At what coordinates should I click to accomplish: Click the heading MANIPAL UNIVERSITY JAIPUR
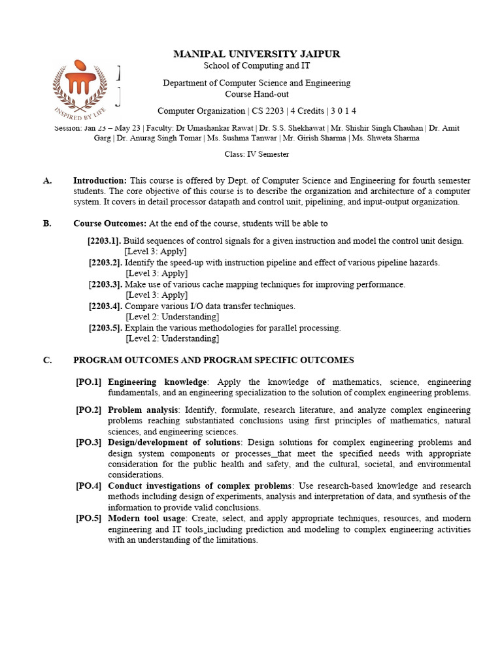tap(256, 54)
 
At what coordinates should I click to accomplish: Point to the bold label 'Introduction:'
tap(100, 180)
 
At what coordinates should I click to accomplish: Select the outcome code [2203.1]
tap(105, 240)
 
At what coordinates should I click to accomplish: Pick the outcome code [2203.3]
tap(105, 284)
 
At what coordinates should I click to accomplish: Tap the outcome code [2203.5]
tap(105, 328)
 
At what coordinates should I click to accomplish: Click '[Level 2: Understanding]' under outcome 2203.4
tap(172, 317)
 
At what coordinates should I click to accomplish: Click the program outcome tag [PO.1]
tap(89, 382)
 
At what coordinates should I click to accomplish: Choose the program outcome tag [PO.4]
tap(89, 486)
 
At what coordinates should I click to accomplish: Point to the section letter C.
tap(47, 360)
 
